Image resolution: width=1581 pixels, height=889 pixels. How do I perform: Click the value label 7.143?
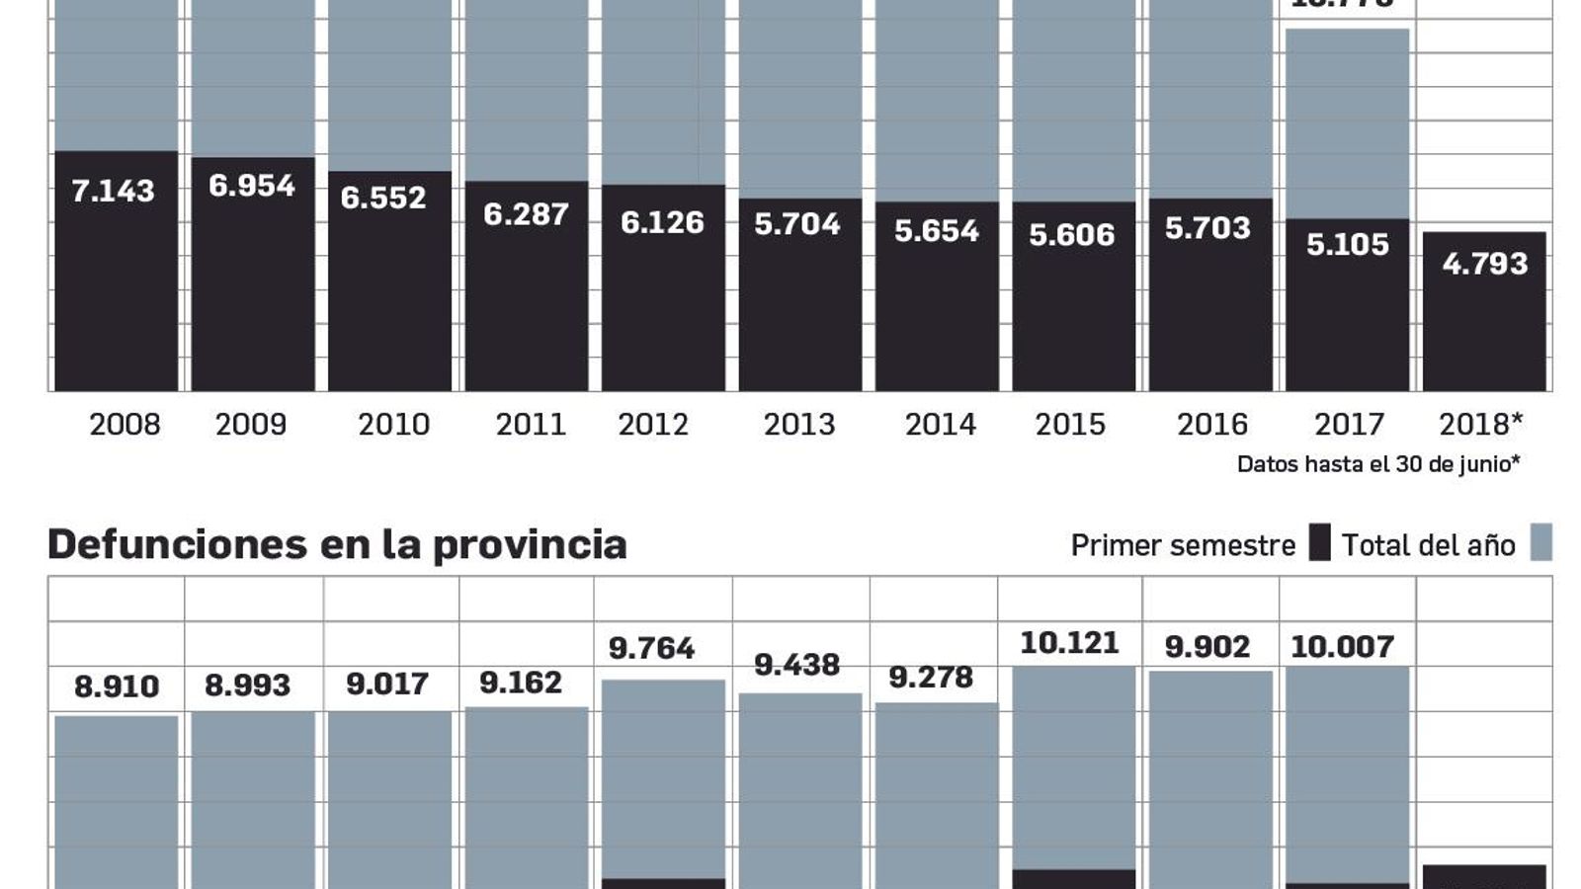(113, 191)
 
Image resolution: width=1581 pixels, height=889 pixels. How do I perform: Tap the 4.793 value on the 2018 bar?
(1484, 264)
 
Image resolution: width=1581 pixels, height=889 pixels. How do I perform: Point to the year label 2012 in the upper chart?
(652, 425)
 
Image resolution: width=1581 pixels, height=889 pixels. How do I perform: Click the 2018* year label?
(1480, 425)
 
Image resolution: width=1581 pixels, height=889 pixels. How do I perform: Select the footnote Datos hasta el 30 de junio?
(1377, 464)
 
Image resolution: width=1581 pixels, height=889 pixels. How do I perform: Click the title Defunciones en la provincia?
(337, 544)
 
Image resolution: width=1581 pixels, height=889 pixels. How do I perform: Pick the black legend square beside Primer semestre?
(1319, 543)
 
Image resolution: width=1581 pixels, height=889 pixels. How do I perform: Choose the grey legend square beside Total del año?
(1540, 543)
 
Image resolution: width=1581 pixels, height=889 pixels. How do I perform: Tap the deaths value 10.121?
(1069, 643)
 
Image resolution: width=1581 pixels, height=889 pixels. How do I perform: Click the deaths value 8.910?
(117, 687)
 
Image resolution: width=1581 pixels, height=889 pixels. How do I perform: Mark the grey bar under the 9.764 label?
(663, 780)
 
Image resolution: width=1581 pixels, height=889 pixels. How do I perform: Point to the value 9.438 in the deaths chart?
(796, 665)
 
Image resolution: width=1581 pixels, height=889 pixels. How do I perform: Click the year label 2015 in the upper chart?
(1070, 425)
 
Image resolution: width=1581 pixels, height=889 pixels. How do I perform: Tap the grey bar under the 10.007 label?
(1347, 775)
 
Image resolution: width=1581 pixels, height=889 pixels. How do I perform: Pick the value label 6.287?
(526, 214)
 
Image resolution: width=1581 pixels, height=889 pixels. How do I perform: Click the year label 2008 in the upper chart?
(125, 425)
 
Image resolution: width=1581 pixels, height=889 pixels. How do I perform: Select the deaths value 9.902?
(1207, 647)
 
